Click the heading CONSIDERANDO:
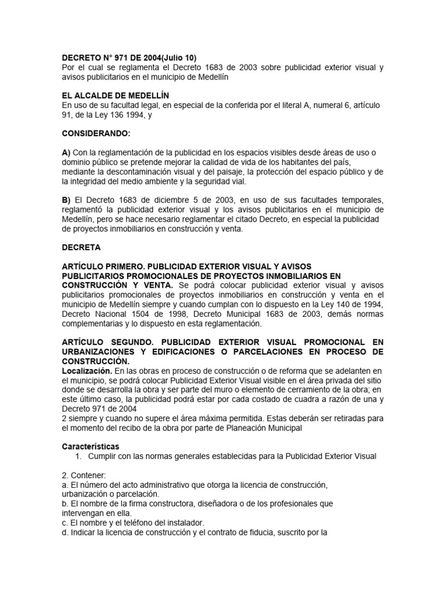tap(96, 134)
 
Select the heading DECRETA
tap(81, 247)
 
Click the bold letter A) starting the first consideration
tap(67, 153)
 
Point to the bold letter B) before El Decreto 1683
tap(67, 200)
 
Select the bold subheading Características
tap(90, 446)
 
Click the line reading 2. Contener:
tap(82, 475)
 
